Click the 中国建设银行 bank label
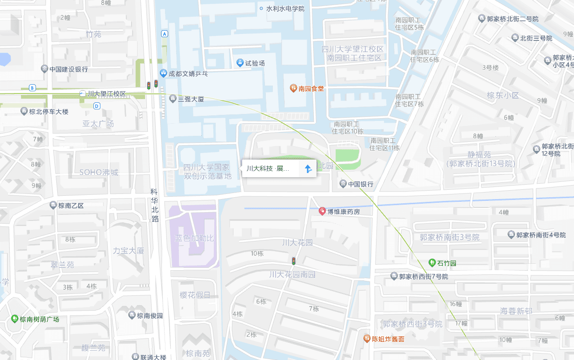[69, 69]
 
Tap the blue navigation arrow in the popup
[307, 168]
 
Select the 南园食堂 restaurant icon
[293, 88]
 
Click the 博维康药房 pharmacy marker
[322, 211]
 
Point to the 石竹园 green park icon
[432, 263]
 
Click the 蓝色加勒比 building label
[194, 238]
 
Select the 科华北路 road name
[154, 205]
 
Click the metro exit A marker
[165, 33]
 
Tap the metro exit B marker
[32, 87]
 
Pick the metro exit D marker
[97, 106]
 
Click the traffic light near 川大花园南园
[293, 260]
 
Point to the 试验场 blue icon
[240, 62]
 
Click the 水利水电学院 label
[285, 8]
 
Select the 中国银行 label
[361, 184]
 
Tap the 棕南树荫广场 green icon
[15, 319]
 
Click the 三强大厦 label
[191, 99]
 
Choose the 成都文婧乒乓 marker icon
[163, 73]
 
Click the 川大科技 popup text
[268, 168]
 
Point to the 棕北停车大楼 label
[49, 112]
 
